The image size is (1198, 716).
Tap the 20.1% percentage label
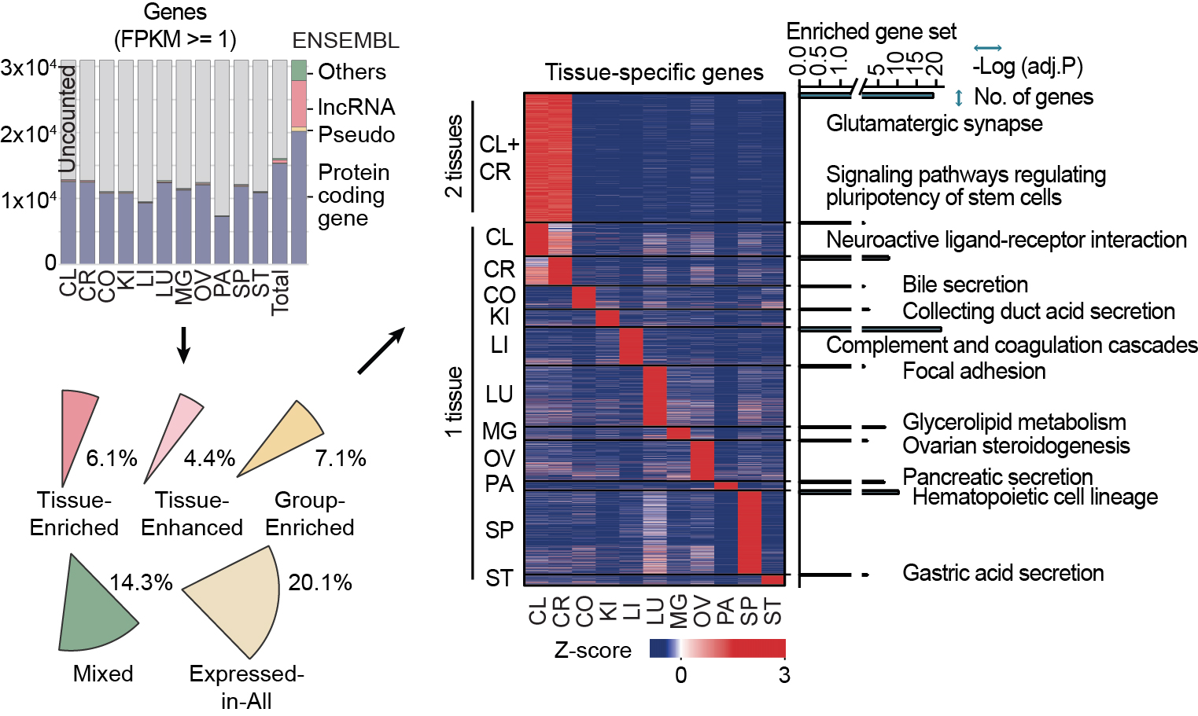tap(319, 582)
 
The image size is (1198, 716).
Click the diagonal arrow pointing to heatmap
tap(381, 351)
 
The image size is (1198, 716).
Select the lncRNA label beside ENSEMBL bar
tap(356, 107)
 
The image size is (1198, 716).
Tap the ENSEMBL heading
tap(345, 41)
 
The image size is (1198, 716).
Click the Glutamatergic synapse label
tap(934, 123)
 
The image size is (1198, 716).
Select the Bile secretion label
tap(964, 285)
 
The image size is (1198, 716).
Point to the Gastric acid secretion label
tap(1002, 573)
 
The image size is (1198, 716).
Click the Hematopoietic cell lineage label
tap(1034, 497)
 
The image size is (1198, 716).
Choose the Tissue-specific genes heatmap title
tap(654, 73)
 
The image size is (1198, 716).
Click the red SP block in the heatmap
tap(749, 532)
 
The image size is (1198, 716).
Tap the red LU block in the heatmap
tap(654, 395)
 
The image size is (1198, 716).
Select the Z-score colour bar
tap(717, 648)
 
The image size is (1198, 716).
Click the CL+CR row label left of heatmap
tap(499, 158)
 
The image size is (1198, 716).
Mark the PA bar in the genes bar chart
tap(222, 239)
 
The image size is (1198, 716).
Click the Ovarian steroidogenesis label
tap(1016, 446)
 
